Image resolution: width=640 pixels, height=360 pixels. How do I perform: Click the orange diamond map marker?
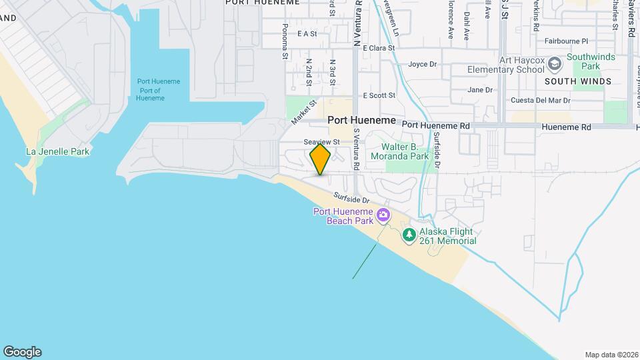pyautogui.click(x=320, y=159)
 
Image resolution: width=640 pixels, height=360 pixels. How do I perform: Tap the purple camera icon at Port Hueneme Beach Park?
pyautogui.click(x=383, y=215)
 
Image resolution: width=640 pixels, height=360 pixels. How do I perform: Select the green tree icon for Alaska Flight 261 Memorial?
pyautogui.click(x=409, y=235)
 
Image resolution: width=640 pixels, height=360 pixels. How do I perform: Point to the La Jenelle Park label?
pyautogui.click(x=57, y=151)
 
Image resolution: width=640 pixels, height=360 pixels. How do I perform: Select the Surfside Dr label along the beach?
pyautogui.click(x=351, y=199)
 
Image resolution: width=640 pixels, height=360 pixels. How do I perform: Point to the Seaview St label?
pyautogui.click(x=322, y=142)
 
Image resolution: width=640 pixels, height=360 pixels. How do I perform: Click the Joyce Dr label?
pyautogui.click(x=422, y=65)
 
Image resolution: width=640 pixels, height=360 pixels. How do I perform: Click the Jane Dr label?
pyautogui.click(x=479, y=89)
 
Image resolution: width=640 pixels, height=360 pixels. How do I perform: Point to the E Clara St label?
pyautogui.click(x=378, y=48)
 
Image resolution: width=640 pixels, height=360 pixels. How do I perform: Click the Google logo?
pyautogui.click(x=22, y=351)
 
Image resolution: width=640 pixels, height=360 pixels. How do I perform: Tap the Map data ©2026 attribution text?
pyautogui.click(x=611, y=355)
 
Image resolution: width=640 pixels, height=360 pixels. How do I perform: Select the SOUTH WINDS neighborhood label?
pyautogui.click(x=577, y=81)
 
